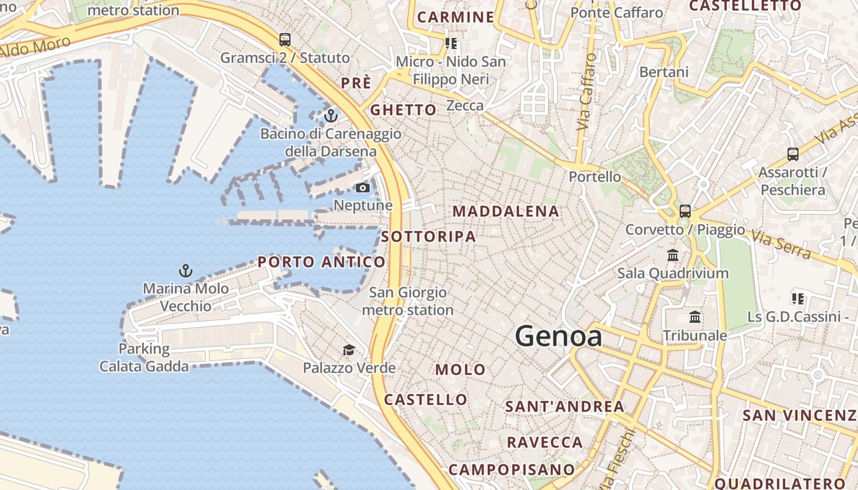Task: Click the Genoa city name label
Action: click(x=558, y=336)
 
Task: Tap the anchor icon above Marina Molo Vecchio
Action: click(x=185, y=270)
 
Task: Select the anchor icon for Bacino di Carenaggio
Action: click(x=331, y=115)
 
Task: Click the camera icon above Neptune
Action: click(x=363, y=187)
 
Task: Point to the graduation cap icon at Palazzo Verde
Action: click(x=349, y=350)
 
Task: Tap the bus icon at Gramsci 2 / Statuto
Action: click(x=285, y=40)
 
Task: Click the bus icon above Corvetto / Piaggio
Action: click(x=685, y=211)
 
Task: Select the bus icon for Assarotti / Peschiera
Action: click(x=792, y=154)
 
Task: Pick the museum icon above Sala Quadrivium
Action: click(x=673, y=255)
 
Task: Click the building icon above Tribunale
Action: click(x=695, y=317)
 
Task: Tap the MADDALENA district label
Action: click(x=506, y=211)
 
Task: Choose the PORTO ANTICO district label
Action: click(x=322, y=262)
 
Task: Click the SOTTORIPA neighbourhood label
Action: click(x=428, y=236)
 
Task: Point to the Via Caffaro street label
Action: click(x=587, y=92)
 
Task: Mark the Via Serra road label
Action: click(x=781, y=244)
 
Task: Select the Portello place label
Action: click(x=594, y=177)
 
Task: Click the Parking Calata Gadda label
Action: click(x=144, y=358)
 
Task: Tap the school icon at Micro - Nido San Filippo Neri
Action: click(x=451, y=43)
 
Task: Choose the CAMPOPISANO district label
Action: click(x=512, y=470)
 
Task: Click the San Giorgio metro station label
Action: click(x=408, y=301)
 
